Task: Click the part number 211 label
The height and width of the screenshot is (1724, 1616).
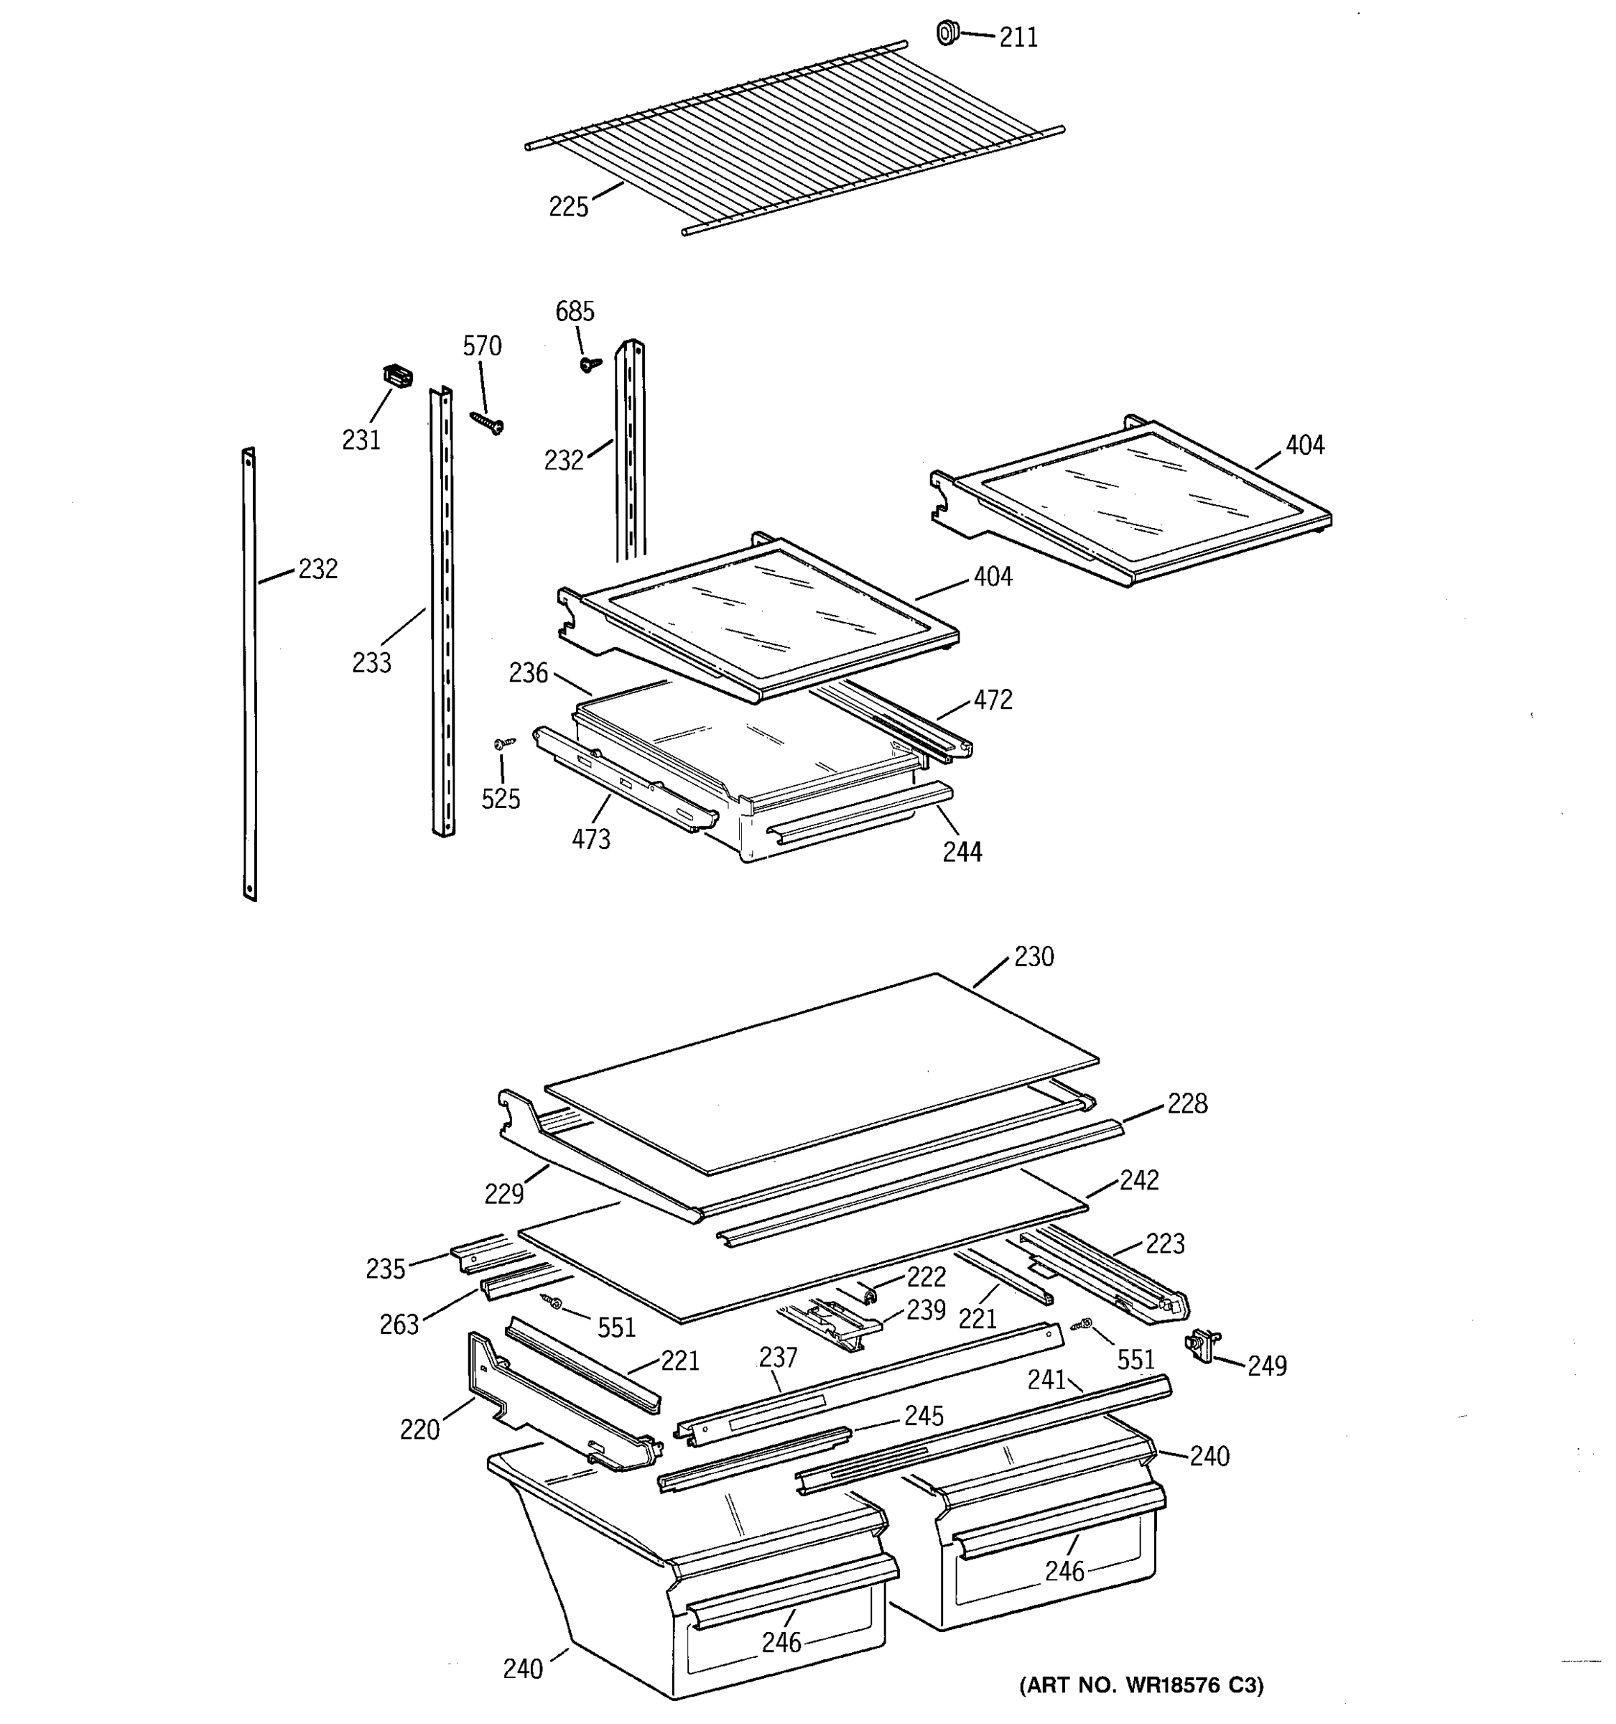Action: coord(1018,38)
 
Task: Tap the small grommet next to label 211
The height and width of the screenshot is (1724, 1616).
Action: coord(947,34)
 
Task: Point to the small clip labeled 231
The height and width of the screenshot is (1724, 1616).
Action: coord(397,376)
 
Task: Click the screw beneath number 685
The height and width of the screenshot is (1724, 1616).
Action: coord(590,363)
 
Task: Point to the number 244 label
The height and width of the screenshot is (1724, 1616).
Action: coord(962,853)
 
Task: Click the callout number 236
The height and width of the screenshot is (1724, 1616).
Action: coord(528,673)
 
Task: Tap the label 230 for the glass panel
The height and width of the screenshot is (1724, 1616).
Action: coord(1034,958)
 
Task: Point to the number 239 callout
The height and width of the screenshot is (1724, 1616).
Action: coord(926,1310)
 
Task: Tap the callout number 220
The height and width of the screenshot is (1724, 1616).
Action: coord(419,1429)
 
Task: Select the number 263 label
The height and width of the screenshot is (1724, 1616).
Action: coord(399,1324)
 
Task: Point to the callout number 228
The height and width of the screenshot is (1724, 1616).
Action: coord(1187,1104)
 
